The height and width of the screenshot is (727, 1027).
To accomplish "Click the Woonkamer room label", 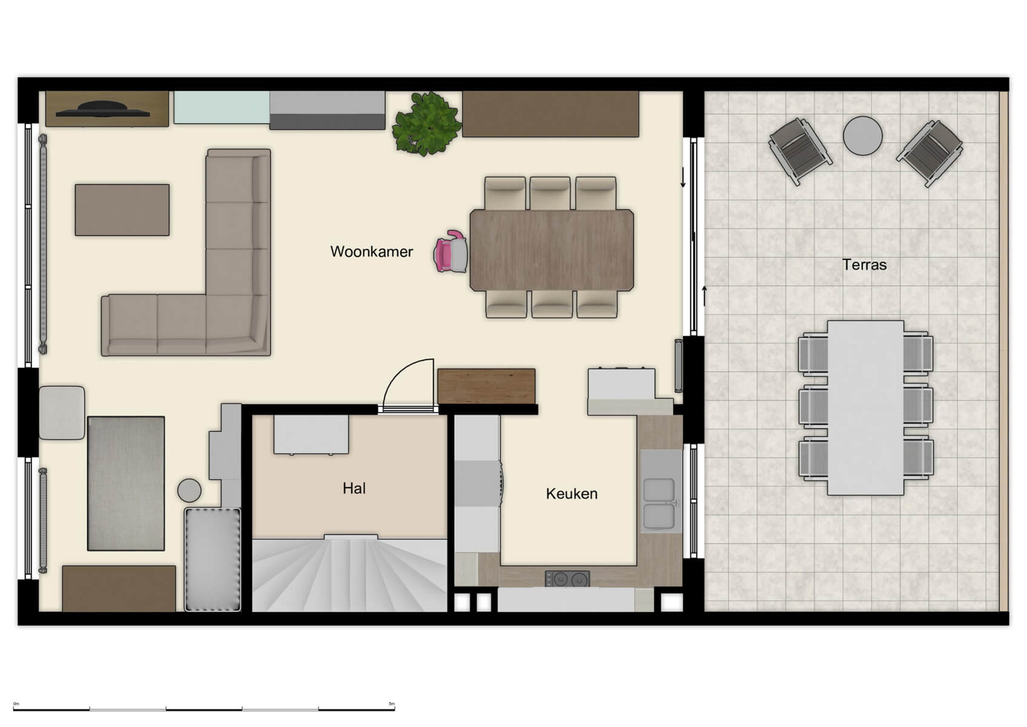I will [x=371, y=251].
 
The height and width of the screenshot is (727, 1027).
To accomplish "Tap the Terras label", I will [x=864, y=265].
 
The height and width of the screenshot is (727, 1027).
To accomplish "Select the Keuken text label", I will [x=572, y=494].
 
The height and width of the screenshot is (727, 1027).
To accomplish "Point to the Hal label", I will [x=354, y=488].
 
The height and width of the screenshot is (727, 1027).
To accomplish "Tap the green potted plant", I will [x=427, y=124].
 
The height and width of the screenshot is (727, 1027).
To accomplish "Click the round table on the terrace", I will [x=862, y=135].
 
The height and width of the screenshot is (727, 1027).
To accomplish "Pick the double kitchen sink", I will [x=659, y=503].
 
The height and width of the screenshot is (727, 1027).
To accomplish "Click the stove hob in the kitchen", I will [x=567, y=579].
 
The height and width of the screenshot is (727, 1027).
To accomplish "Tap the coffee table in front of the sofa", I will [x=122, y=210].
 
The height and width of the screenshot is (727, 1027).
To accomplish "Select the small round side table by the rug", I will [x=189, y=490].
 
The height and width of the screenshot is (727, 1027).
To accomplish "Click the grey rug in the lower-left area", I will [x=126, y=483].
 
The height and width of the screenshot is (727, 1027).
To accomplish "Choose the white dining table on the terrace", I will [x=865, y=407].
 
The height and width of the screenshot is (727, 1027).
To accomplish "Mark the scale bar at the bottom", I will [x=203, y=708].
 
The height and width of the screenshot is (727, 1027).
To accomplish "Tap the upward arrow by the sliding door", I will [x=704, y=296].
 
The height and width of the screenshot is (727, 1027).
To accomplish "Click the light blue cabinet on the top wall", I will [x=221, y=107].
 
